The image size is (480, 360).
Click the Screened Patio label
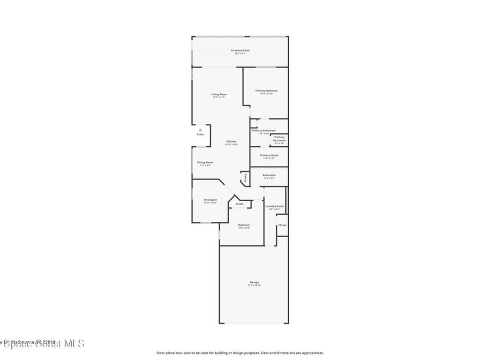pyautogui.click(x=240, y=50)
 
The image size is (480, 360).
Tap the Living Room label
pyautogui.click(x=219, y=94)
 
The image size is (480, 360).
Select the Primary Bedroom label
pyautogui.click(x=266, y=90)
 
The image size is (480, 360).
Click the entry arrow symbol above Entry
pyautogui.click(x=200, y=130)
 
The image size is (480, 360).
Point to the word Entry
pyautogui.click(x=200, y=135)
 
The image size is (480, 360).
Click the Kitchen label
pyautogui.click(x=232, y=142)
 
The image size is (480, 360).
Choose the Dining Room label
pyautogui.click(x=205, y=162)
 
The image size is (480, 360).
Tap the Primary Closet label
pyautogui.click(x=269, y=155)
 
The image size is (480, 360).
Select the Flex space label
pyautogui.click(x=210, y=200)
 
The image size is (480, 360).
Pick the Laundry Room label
pyautogui.click(x=274, y=206)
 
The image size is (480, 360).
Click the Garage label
pyautogui.click(x=254, y=282)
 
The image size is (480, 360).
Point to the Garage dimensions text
pyautogui.click(x=254, y=285)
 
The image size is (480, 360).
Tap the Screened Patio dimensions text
pyautogui.click(x=240, y=53)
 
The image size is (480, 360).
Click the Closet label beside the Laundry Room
pyautogui.click(x=282, y=225)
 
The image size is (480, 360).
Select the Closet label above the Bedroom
pyautogui.click(x=240, y=204)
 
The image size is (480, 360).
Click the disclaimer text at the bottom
pyautogui.click(x=240, y=353)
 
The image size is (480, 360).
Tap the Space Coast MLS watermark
pyautogui.click(x=42, y=344)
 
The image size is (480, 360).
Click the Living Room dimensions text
pyautogui.click(x=219, y=97)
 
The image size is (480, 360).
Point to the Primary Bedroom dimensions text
pyautogui.click(x=266, y=94)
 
